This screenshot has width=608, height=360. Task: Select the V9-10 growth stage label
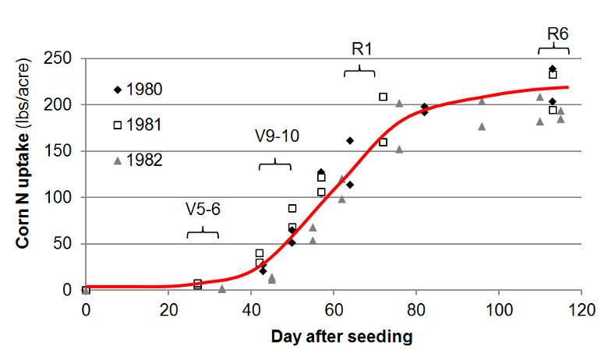275,136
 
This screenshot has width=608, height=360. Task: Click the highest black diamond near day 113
553,69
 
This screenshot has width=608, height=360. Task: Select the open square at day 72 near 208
384,97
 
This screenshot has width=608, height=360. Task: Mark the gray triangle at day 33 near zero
222,289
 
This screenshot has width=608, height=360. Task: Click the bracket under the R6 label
553,49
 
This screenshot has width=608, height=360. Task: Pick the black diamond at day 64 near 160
350,141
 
